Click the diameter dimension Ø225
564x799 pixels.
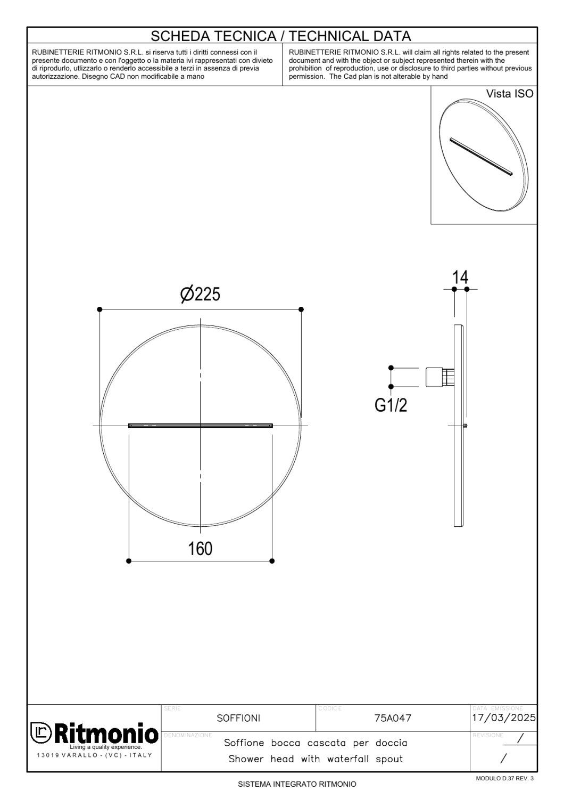(200, 294)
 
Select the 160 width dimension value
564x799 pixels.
(200, 549)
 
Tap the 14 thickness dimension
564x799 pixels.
(460, 278)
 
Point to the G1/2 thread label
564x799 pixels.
(391, 405)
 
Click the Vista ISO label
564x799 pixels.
(509, 94)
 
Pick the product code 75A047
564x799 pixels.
(393, 718)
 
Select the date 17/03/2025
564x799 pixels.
(504, 718)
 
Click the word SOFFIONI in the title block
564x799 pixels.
(238, 718)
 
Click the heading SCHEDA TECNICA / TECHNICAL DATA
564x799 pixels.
(281, 36)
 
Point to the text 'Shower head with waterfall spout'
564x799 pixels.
(316, 759)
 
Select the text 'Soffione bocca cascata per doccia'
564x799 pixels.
(316, 743)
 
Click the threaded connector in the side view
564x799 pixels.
(436, 377)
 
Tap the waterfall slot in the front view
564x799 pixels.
(200, 426)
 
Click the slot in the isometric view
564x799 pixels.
(481, 157)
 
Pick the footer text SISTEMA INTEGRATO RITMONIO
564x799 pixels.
(297, 784)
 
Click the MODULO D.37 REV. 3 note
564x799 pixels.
(504, 779)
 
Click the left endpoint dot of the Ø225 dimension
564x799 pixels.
(99, 309)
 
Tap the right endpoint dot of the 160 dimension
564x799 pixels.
(272, 560)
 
